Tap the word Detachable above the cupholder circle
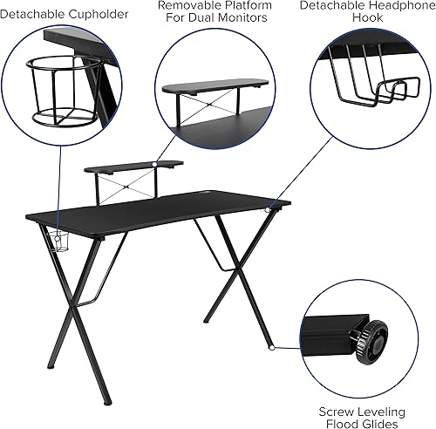[x=35, y=14]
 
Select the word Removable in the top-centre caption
[x=185, y=5]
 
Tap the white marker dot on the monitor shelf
[x=153, y=162]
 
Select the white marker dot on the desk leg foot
[x=273, y=347]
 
